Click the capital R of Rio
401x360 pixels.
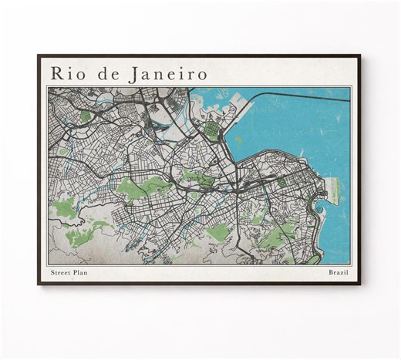click(x=56, y=73)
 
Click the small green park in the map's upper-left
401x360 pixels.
click(x=86, y=116)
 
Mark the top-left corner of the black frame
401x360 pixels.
click(x=39, y=56)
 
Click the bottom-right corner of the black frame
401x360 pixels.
click(x=361, y=284)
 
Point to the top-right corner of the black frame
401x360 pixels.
click(x=361, y=56)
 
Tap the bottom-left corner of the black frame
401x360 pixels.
click(x=39, y=284)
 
